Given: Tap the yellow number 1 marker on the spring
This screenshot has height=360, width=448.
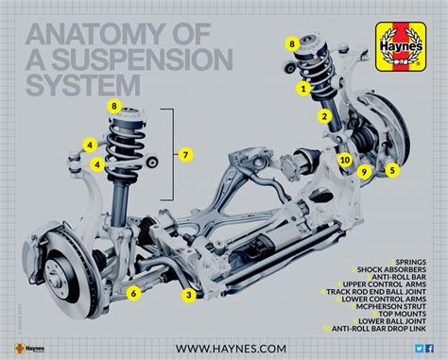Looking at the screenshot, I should (303, 88).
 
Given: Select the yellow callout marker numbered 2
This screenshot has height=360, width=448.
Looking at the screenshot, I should (323, 116).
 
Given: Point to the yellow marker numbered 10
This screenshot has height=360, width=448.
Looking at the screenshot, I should (345, 160).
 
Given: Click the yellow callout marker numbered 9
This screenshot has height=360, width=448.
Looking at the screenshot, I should (363, 171).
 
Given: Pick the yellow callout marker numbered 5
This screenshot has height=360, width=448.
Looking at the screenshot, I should (391, 170).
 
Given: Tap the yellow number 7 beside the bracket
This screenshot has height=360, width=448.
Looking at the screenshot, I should (185, 154).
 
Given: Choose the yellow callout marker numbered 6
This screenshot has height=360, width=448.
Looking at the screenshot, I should (134, 293).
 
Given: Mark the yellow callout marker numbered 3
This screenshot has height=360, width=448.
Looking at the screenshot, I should (189, 296).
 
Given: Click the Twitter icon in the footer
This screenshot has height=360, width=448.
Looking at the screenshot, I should (419, 349).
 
